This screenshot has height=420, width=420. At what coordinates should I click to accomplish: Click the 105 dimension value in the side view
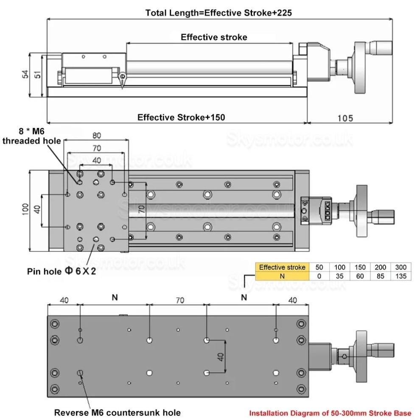(x=346, y=118)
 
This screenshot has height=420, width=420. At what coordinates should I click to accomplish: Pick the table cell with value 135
(x=401, y=276)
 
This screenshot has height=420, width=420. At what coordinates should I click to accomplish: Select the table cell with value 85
(x=380, y=276)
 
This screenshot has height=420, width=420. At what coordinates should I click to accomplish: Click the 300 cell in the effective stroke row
(x=401, y=267)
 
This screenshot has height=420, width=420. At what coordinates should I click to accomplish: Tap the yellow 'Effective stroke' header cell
(x=282, y=267)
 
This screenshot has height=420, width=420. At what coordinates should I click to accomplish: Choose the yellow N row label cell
(x=282, y=276)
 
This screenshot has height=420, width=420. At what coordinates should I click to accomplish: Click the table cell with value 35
(x=339, y=276)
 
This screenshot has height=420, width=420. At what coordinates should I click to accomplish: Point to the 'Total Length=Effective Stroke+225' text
(x=218, y=13)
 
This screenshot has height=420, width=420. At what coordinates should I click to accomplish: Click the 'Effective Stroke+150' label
(x=181, y=118)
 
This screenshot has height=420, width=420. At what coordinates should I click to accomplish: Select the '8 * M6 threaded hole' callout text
(x=32, y=137)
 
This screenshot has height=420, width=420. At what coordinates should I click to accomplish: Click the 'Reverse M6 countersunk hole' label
(x=117, y=412)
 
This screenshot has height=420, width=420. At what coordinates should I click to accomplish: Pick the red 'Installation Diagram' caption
(x=330, y=413)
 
